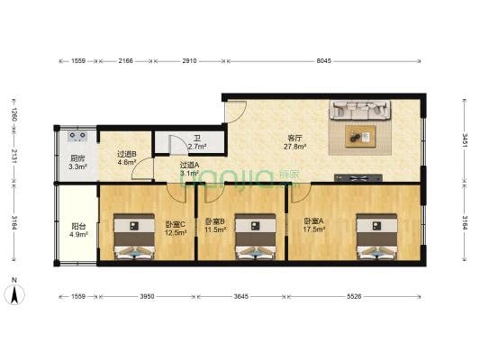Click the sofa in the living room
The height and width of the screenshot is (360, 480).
[361, 111]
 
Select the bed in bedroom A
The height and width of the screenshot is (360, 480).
[376, 237]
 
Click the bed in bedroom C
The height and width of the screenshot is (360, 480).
[133, 238]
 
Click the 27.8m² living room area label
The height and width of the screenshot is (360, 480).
[295, 146]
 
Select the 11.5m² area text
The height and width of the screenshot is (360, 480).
[215, 230]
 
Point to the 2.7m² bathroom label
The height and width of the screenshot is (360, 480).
[197, 146]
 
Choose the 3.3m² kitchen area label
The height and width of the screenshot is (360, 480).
[78, 167]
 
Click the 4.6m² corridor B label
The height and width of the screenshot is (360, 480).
[126, 163]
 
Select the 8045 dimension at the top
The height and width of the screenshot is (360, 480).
[324, 60]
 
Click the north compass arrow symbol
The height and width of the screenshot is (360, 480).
[15, 292]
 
